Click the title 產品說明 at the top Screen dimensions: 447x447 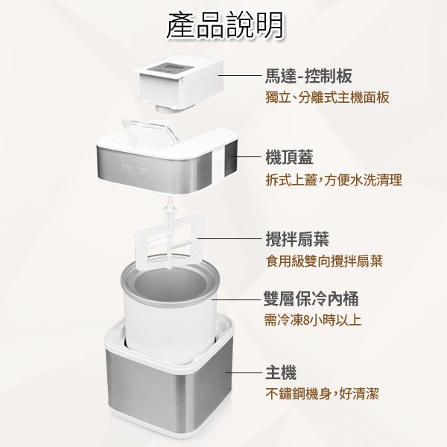[225, 25]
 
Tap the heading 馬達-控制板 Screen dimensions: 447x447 [308, 76]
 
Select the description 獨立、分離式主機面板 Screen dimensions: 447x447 [327, 98]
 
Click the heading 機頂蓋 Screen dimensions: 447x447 [289, 157]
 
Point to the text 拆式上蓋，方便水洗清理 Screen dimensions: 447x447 [334, 180]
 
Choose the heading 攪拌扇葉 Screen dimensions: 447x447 [297, 239]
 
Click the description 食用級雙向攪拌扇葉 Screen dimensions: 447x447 [324, 261]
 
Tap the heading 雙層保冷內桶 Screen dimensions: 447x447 [311, 299]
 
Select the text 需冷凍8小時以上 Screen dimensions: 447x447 [313, 320]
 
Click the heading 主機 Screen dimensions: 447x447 [281, 372]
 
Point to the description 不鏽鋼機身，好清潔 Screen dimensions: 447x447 [322, 394]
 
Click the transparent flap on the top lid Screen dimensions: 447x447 [150, 131]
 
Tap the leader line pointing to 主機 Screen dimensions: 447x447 [244, 372]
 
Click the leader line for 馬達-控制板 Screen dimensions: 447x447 [240, 75]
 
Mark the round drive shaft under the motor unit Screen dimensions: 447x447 [165, 109]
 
